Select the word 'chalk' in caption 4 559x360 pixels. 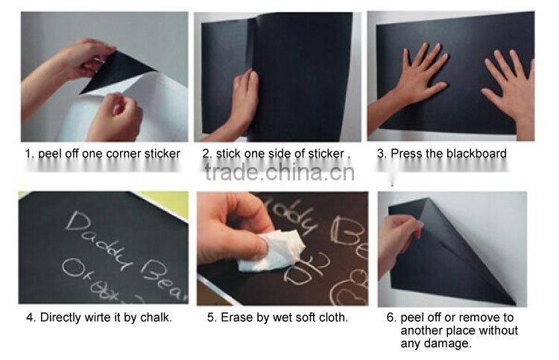click(x=155, y=317)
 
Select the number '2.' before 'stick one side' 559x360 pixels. click(x=207, y=154)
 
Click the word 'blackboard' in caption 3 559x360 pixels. click(x=477, y=154)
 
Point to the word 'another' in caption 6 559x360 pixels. click(x=422, y=330)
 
